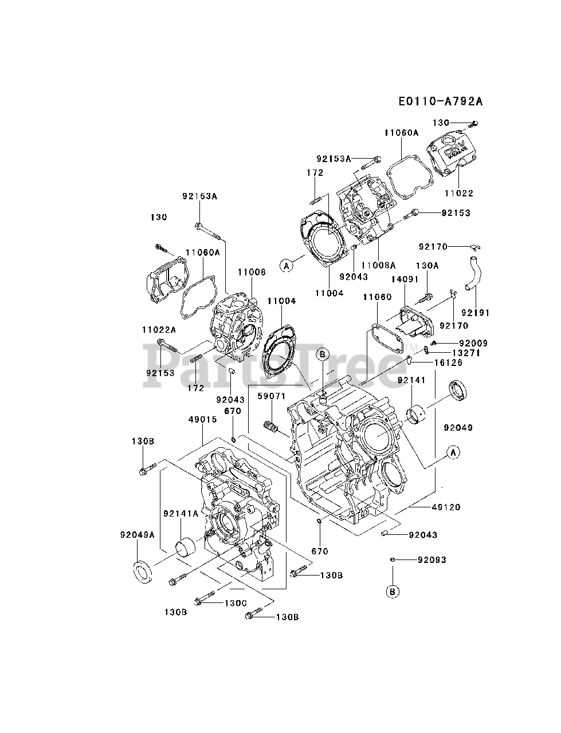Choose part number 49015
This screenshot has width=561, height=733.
pyautogui.click(x=202, y=419)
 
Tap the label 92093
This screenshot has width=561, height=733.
pyautogui.click(x=431, y=559)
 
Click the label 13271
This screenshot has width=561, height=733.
pyautogui.click(x=465, y=353)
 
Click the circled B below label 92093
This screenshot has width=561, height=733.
pyautogui.click(x=393, y=592)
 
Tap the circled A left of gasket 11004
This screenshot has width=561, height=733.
pyautogui.click(x=287, y=265)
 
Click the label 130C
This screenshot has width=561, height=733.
pyautogui.click(x=235, y=602)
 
